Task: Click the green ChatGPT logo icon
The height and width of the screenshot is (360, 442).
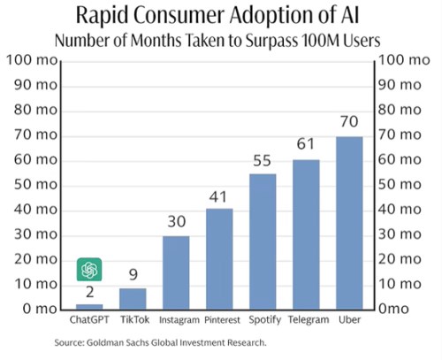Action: click(x=89, y=270)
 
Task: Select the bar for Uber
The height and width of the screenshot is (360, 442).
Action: click(x=349, y=223)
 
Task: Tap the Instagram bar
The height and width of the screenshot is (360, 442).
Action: click(x=176, y=272)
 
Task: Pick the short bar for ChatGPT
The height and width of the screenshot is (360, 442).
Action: click(x=89, y=307)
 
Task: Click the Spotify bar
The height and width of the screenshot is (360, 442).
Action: click(x=263, y=241)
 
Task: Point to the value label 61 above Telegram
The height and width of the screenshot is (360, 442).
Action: click(x=305, y=144)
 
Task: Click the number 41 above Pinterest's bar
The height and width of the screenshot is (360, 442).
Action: click(x=218, y=197)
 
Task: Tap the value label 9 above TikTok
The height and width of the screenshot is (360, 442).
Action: click(x=133, y=274)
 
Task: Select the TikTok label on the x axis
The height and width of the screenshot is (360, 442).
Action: click(x=134, y=319)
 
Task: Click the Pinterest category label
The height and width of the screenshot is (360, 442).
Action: click(x=223, y=320)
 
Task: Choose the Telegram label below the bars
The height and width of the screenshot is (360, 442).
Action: click(x=309, y=320)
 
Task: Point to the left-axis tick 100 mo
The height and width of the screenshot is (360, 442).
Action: click(x=32, y=60)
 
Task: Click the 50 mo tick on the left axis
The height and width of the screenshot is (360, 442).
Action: click(x=35, y=185)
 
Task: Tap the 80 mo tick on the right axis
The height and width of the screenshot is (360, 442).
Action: click(x=400, y=110)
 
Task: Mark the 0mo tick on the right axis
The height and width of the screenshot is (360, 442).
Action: click(x=393, y=309)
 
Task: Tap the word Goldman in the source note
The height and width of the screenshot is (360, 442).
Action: click(x=105, y=342)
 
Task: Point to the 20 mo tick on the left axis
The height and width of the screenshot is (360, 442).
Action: click(x=35, y=259)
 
